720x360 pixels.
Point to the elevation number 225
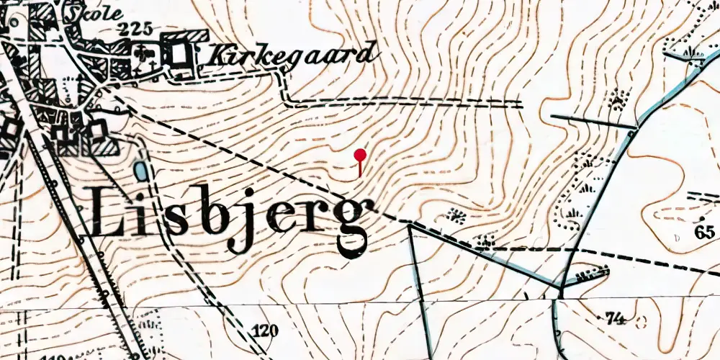click(137, 29)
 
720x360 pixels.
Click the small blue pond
click(140, 171)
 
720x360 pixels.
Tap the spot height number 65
click(705, 231)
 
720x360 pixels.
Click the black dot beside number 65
click(703, 218)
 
